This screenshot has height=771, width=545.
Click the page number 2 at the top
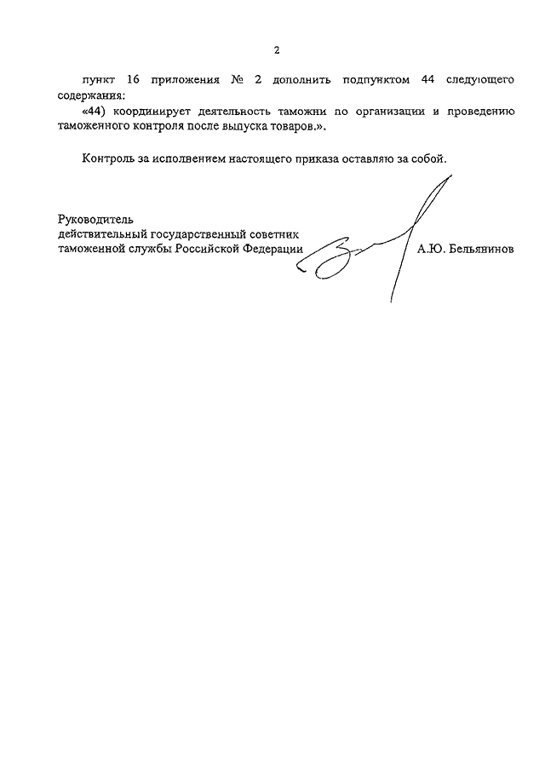(x=276, y=50)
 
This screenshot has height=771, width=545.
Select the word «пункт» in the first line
(x=100, y=79)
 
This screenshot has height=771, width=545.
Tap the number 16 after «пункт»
(x=132, y=79)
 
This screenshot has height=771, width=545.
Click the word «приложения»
(x=183, y=79)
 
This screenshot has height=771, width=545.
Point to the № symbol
(x=237, y=79)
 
